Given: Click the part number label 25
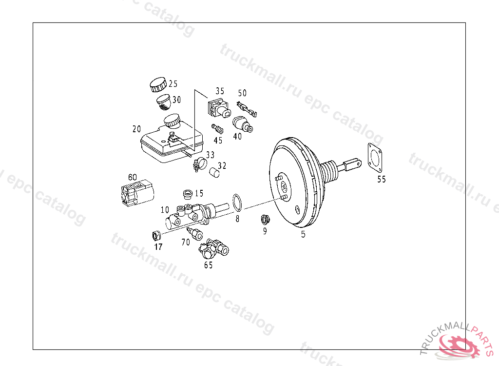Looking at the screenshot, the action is coord(173,84).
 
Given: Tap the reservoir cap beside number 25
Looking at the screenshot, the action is coord(158,84).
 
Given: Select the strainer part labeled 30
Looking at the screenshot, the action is coord(164,102).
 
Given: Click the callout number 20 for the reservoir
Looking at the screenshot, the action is coord(136,129).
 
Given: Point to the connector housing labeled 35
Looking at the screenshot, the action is coord(219,108).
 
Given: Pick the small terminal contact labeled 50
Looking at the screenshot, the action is coord(247,109).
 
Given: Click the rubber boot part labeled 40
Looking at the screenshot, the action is coord(243,124).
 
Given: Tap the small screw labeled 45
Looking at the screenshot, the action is coord(217,129).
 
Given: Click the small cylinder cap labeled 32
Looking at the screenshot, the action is coord(214,173).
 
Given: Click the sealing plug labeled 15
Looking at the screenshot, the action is coord(188,194).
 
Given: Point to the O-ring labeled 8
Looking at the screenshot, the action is coord(237,203).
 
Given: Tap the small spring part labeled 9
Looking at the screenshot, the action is coord(266,220).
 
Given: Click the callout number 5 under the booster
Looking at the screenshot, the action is coord(303,234).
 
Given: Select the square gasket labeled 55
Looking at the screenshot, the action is coord(375,158).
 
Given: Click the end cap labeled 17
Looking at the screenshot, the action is coord(156,236).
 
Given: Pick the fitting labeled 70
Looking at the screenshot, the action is coord(195,234).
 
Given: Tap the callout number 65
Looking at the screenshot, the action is coord(209,265).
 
